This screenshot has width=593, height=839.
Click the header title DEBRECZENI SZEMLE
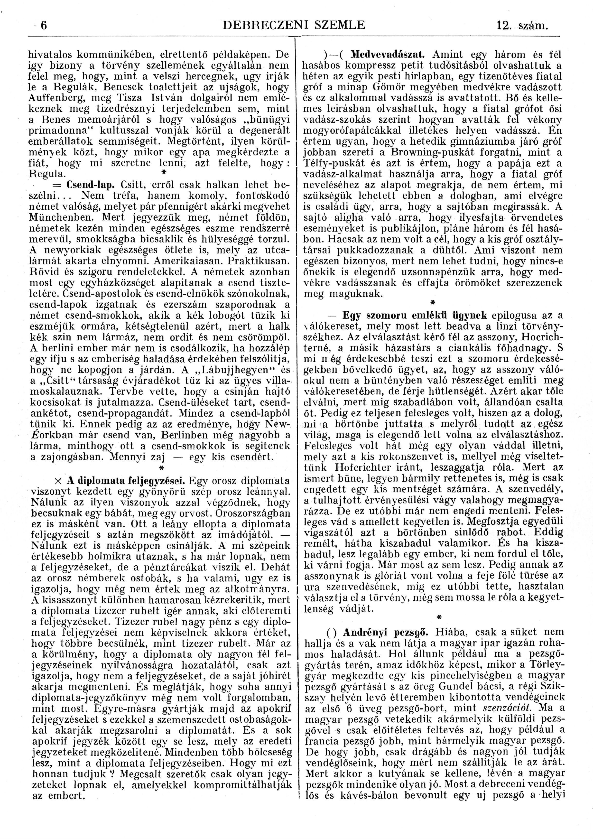pyautogui.click(x=294, y=25)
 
